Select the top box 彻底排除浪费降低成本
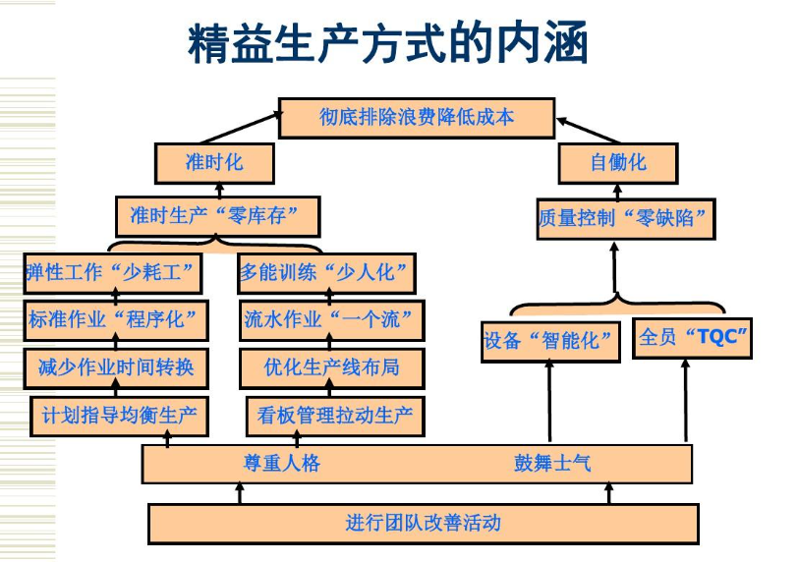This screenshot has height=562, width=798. (x=417, y=117)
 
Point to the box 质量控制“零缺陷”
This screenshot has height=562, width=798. (x=625, y=218)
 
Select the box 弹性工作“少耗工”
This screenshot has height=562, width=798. (x=113, y=272)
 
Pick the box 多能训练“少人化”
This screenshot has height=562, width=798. (x=328, y=272)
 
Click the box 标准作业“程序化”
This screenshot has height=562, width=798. (x=116, y=319)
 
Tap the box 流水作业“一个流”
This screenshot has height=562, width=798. (x=328, y=319)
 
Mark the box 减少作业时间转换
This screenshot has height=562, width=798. (x=116, y=368)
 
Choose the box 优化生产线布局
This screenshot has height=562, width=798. (x=331, y=368)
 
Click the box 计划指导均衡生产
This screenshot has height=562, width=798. (x=119, y=416)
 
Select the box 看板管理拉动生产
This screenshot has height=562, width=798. (x=334, y=416)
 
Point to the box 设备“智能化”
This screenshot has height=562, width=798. (x=549, y=341)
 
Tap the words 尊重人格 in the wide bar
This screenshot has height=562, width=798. (x=282, y=463)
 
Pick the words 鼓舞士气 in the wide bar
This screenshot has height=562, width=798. (x=552, y=463)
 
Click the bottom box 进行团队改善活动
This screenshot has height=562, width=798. (x=423, y=523)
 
